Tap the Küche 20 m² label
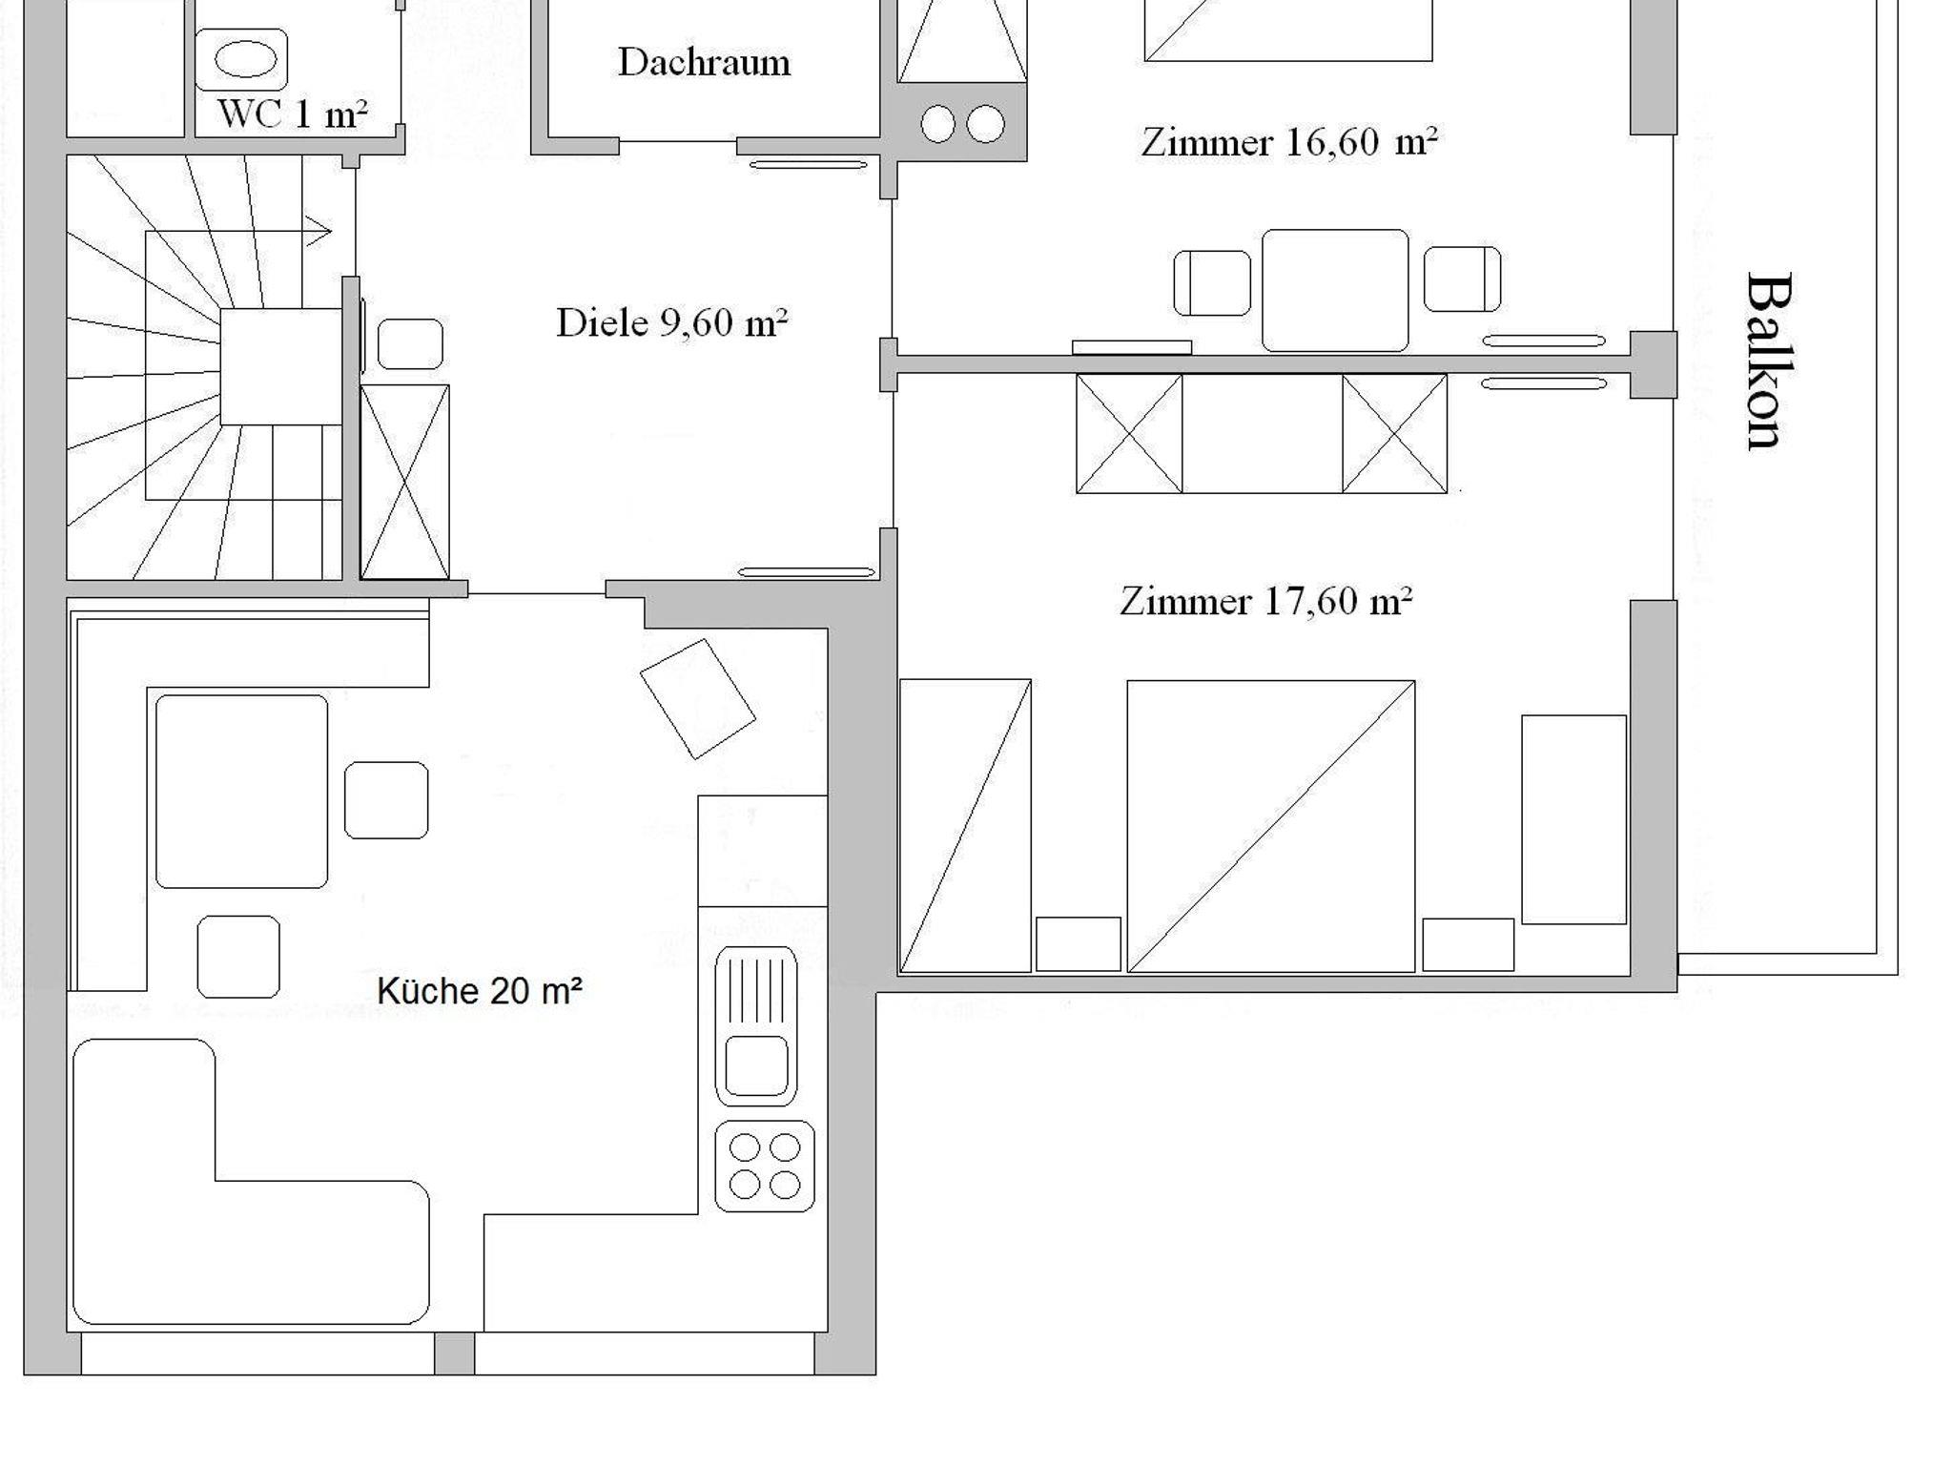point(480,991)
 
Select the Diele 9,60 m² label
point(672,322)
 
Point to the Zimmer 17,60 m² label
point(1265,601)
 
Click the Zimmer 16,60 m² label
point(1289,142)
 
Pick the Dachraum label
point(705,62)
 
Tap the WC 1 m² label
point(292,114)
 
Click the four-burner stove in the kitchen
point(765,1166)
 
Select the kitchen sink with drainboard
point(756,1025)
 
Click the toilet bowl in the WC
point(241,59)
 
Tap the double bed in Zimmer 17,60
point(1271,826)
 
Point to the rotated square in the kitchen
point(698,699)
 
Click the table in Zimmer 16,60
point(1335,290)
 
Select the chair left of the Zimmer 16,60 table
point(1212,282)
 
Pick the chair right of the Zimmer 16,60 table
point(1462,279)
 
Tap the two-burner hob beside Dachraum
point(962,123)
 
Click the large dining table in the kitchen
point(242,792)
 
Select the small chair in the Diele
point(410,343)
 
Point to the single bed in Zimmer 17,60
point(965,826)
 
